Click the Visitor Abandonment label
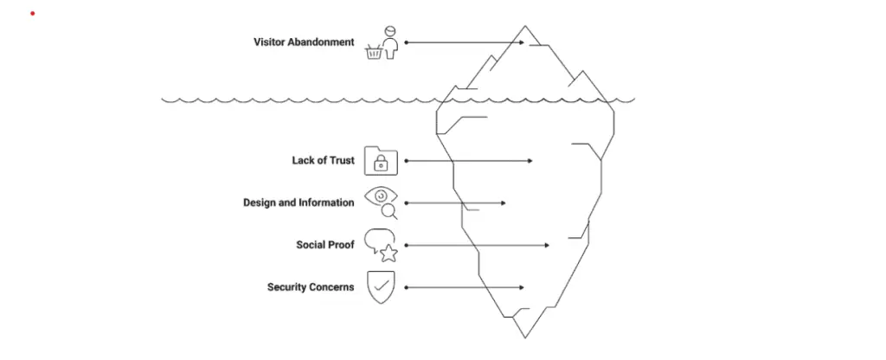click(x=304, y=42)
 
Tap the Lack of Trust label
click(x=323, y=160)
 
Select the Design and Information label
click(x=299, y=202)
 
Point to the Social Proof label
click(x=324, y=245)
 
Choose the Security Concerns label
click(x=311, y=286)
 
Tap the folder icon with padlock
click(x=381, y=160)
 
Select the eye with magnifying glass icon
click(x=382, y=203)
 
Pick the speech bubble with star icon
click(x=382, y=245)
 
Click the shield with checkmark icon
click(x=381, y=286)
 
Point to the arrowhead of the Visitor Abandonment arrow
click(x=522, y=42)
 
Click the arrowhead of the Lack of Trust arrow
click(x=530, y=160)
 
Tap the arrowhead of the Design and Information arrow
click(x=504, y=202)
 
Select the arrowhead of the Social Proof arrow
click(x=546, y=245)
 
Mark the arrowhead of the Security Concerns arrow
click(x=521, y=286)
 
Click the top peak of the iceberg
click(x=523, y=28)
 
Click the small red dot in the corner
click(x=32, y=14)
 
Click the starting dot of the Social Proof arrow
click(x=406, y=245)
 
